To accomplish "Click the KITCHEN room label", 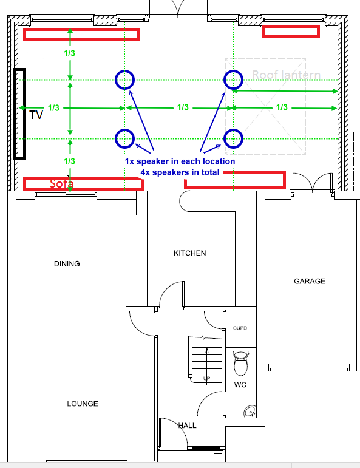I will coord(190,253).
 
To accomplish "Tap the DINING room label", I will coord(67,264).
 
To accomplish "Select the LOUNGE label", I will coord(83,404).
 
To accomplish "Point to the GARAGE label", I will coord(310,281).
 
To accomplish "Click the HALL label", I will coord(187,426).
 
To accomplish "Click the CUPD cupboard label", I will coord(240,328).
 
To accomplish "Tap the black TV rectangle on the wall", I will coord(19,114).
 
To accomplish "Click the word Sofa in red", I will coord(61,183).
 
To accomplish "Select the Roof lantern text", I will coord(286,75).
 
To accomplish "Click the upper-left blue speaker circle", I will coord(124,79).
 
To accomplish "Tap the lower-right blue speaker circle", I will coord(234,138).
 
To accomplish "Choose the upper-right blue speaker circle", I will coord(234,79).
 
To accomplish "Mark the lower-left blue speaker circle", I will coord(124,138).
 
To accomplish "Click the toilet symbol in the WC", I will coord(241,364).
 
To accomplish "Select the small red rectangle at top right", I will coord(291,30).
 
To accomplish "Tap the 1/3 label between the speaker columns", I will coord(182,107).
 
